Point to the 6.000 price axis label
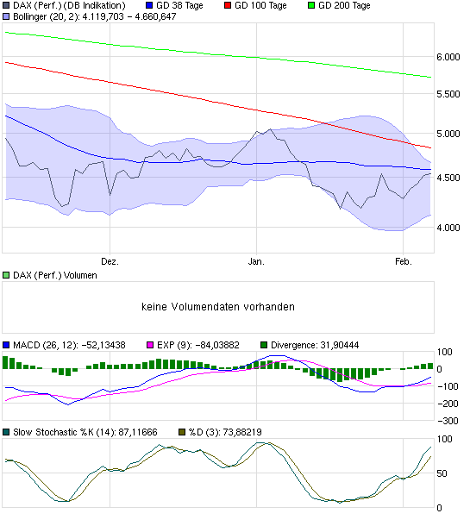[x=448, y=57]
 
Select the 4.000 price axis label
[x=448, y=228]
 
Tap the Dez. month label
[x=110, y=260]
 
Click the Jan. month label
[x=255, y=260]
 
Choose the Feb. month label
[x=403, y=260]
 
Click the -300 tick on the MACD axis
[x=447, y=421]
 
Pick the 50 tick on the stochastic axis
[x=442, y=473]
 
